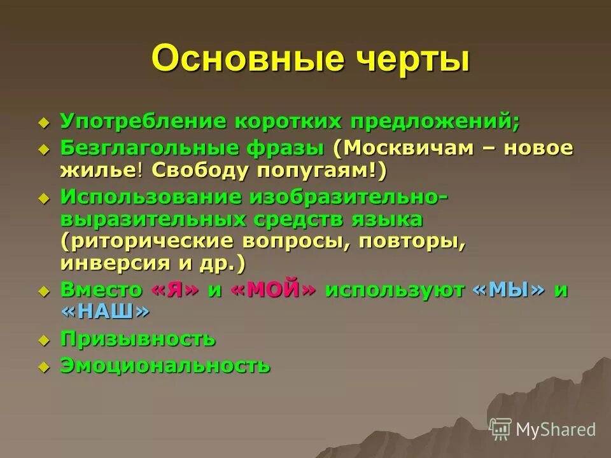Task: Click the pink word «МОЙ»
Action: [x=273, y=290]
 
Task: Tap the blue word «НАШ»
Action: [x=106, y=312]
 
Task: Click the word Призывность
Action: [x=137, y=339]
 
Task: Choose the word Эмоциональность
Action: [x=165, y=366]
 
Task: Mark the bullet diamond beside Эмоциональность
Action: [x=43, y=367]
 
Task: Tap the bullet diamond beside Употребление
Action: [x=43, y=121]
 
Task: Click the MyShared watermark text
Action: [x=556, y=429]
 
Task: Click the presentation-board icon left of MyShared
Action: [x=501, y=429]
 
